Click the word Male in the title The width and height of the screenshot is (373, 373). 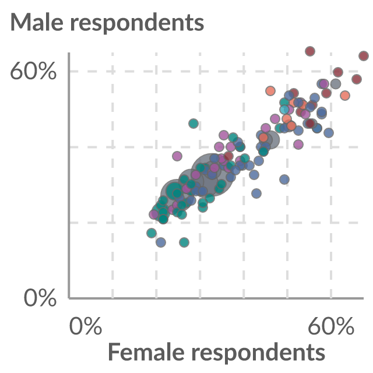pyautogui.click(x=37, y=22)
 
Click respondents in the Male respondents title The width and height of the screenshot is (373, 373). pyautogui.click(x=138, y=24)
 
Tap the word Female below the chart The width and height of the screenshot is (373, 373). pyautogui.click(x=146, y=352)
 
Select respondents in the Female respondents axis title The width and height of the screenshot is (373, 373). pyautogui.click(x=258, y=354)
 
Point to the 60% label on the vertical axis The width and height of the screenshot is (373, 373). pyautogui.click(x=33, y=71)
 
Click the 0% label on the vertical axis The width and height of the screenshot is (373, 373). pyautogui.click(x=40, y=298)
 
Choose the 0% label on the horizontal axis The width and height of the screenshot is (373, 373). pyautogui.click(x=86, y=326)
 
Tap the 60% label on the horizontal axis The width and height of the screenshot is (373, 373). pyautogui.click(x=331, y=326)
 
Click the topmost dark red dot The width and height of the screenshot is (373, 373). pyautogui.click(x=310, y=51)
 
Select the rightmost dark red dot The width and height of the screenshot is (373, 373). pyautogui.click(x=364, y=56)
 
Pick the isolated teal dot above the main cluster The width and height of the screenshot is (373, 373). pyautogui.click(x=193, y=124)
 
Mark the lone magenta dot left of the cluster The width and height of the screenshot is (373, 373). pyautogui.click(x=177, y=156)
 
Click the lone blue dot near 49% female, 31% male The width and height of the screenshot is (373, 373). pyautogui.click(x=284, y=180)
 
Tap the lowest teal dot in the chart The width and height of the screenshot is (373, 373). pyautogui.click(x=184, y=242)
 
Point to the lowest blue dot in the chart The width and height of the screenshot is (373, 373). pyautogui.click(x=161, y=242)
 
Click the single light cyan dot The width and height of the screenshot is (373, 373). pyautogui.click(x=284, y=110)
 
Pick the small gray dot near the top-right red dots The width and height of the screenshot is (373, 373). pyautogui.click(x=336, y=84)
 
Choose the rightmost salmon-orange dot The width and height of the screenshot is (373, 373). pyautogui.click(x=345, y=96)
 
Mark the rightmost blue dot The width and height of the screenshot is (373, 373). pyautogui.click(x=329, y=133)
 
